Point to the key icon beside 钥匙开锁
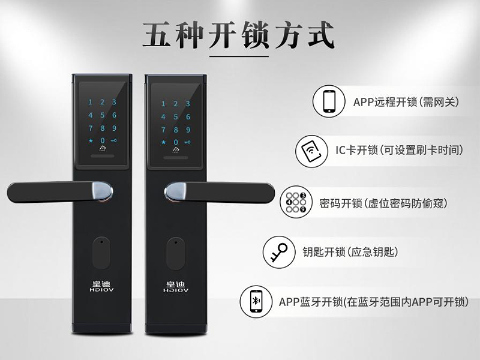pos(279,252)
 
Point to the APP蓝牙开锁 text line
pos(373,302)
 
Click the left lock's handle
pos(60,192)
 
